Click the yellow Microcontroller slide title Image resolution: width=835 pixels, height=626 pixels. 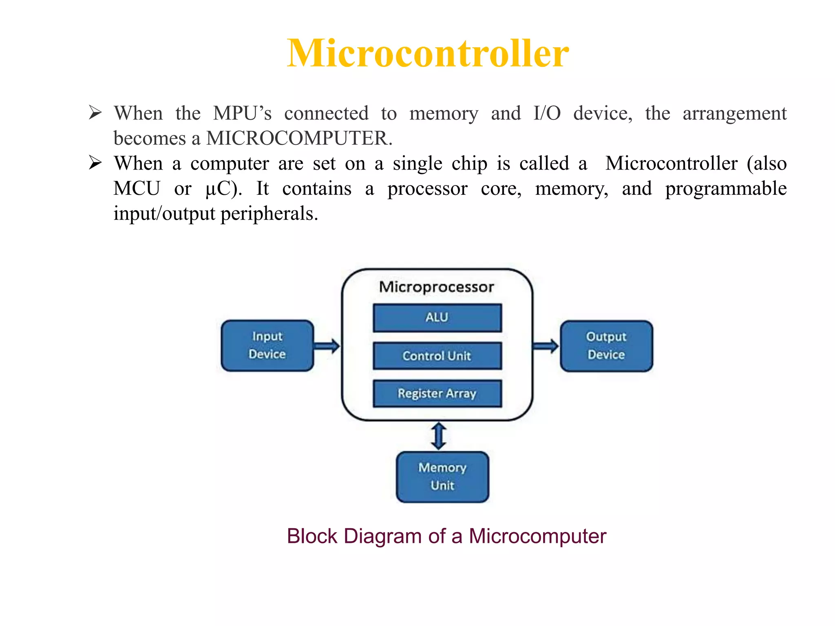[428, 53]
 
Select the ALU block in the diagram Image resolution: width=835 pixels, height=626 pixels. [437, 317]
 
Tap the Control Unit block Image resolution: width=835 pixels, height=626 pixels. [437, 356]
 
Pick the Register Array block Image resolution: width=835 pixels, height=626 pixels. [437, 393]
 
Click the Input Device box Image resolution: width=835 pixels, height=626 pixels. [267, 346]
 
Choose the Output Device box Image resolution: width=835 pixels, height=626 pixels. [606, 346]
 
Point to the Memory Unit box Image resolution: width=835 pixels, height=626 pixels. [442, 477]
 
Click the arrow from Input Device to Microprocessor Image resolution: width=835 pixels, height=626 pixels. [327, 346]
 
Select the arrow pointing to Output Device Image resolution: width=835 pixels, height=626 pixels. [546, 346]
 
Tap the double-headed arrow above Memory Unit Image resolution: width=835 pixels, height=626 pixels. [439, 436]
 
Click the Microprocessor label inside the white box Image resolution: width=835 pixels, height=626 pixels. [437, 287]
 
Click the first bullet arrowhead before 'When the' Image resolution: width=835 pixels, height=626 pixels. [95, 112]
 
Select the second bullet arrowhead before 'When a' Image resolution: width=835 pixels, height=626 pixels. [95, 163]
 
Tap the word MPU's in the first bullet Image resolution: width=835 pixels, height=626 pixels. [242, 113]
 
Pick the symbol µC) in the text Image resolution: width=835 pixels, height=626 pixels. [223, 189]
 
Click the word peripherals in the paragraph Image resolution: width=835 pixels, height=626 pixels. [269, 214]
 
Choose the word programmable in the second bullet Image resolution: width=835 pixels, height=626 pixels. [726, 189]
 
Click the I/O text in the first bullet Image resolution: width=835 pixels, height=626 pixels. [547, 113]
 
